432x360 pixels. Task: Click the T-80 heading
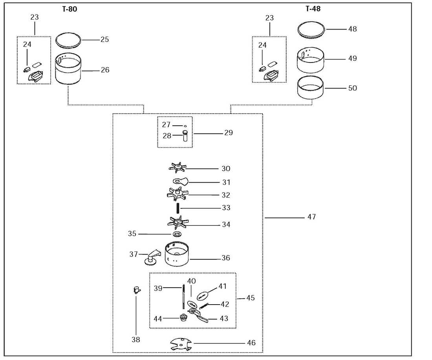click(70, 9)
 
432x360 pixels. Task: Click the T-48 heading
click(313, 9)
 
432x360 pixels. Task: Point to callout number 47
click(311, 217)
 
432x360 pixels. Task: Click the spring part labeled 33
click(178, 208)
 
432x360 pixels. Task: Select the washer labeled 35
click(178, 234)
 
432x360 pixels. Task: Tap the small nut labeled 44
click(183, 318)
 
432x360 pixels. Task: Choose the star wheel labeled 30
click(178, 167)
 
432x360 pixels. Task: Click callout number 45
click(251, 298)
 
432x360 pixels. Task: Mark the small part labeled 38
click(137, 290)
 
